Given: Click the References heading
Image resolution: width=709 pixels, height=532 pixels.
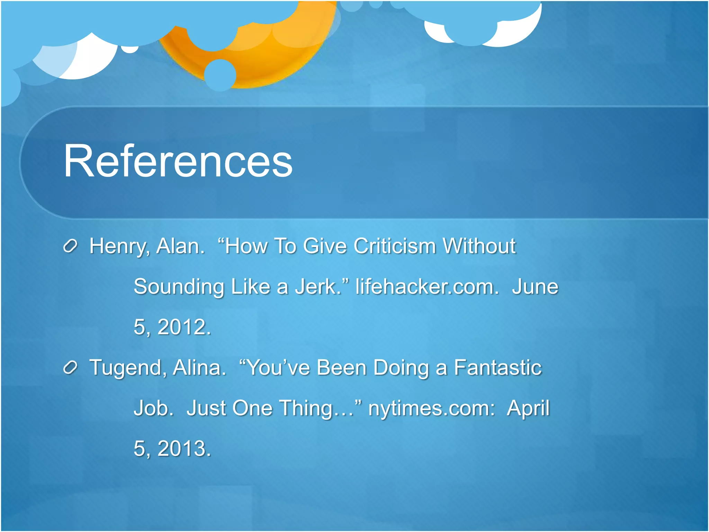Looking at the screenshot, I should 178,161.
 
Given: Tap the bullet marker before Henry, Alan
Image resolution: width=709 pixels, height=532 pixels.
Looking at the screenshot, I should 70,247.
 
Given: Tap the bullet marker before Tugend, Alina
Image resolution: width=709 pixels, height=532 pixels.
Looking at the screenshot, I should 70,368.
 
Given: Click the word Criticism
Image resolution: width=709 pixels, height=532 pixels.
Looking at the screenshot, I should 394,246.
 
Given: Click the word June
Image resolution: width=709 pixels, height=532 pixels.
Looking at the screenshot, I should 535,287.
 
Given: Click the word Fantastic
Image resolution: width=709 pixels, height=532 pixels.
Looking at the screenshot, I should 497,367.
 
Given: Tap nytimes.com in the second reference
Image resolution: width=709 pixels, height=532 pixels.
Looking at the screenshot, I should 431,408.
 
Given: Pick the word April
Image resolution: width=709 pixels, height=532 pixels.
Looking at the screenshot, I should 528,408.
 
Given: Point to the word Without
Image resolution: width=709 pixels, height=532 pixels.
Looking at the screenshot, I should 479,246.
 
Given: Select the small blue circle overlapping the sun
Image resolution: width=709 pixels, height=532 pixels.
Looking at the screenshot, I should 220,75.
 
